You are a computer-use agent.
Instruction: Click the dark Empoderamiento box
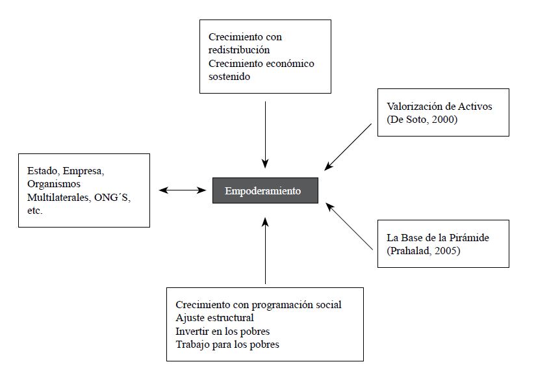(265, 190)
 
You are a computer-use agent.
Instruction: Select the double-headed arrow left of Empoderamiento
(181, 190)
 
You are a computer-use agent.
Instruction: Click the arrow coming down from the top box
(265, 133)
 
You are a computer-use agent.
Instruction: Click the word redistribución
(239, 50)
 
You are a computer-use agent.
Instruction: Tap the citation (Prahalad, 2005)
(424, 250)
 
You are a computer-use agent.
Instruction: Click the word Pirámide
(470, 237)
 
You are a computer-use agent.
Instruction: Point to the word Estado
(42, 172)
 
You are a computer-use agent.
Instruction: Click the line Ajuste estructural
(214, 318)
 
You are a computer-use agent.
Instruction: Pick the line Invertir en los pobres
(222, 331)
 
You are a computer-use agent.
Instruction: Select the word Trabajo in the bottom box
(193, 344)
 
